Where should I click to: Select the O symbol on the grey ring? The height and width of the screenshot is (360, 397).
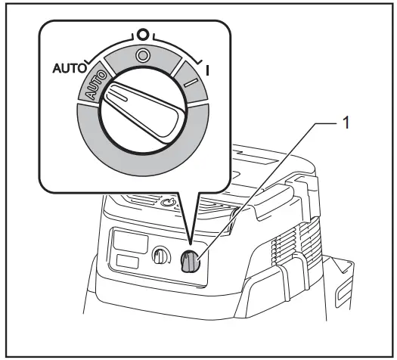141,55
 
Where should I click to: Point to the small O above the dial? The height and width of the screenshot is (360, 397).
141,35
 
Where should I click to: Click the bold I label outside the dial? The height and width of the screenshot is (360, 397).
207,68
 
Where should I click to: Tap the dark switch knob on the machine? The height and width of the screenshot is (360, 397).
190,262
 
